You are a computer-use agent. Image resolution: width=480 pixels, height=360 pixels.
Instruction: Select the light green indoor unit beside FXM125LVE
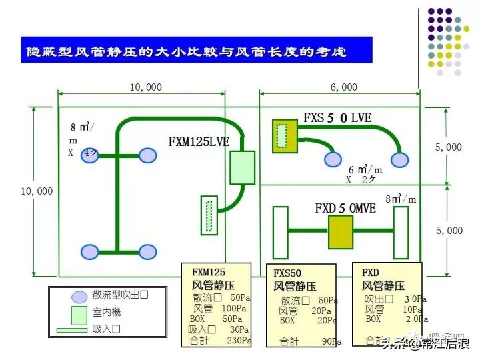[x=243, y=167]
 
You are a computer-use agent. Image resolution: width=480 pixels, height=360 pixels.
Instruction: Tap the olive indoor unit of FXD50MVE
[x=340, y=232]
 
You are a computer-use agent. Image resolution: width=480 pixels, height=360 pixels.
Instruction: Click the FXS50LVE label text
[x=337, y=118]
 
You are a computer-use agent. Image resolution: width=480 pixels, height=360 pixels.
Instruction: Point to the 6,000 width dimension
[x=343, y=87]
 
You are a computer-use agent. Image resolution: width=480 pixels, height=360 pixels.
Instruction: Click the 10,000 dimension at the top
[x=145, y=87]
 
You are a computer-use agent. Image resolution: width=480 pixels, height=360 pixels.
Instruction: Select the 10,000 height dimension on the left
[x=36, y=191]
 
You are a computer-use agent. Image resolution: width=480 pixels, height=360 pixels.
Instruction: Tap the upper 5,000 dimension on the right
[x=449, y=147]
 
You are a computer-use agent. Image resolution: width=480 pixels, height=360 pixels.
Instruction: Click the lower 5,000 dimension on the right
[x=449, y=231]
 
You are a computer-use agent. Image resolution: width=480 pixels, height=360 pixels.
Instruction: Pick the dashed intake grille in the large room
[x=209, y=215]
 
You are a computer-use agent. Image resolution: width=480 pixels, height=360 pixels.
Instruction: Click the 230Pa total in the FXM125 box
[x=238, y=340]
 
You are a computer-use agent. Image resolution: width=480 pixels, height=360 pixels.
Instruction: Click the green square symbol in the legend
[x=79, y=313]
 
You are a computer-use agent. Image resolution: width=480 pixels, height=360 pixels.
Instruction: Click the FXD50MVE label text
[x=345, y=208]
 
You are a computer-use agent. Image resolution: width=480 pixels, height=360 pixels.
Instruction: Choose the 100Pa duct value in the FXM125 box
[x=235, y=309]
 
